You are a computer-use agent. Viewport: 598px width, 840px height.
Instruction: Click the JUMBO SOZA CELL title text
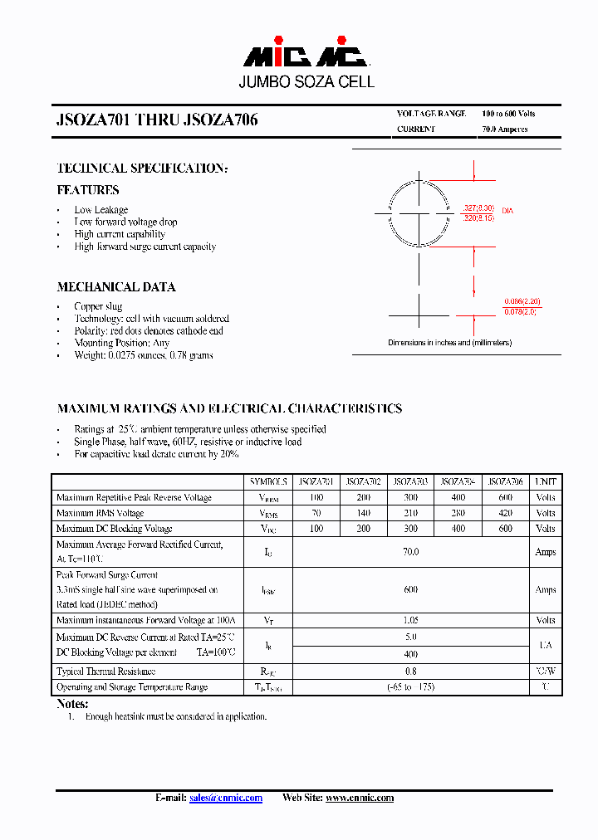point(306,82)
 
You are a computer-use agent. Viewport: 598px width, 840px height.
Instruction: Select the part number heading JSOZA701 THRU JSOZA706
point(157,120)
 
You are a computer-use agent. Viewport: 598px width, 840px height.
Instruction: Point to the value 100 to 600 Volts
point(508,114)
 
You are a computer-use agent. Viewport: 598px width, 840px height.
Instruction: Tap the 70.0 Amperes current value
point(504,129)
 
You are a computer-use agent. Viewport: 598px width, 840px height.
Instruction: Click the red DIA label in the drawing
point(507,212)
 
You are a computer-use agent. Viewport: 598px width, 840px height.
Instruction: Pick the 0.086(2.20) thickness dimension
point(522,302)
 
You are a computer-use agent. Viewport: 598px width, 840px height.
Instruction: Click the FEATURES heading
point(88,190)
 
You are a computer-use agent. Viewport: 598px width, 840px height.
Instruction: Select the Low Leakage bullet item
point(100,210)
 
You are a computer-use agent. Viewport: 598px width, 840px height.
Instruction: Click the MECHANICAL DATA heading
point(116,287)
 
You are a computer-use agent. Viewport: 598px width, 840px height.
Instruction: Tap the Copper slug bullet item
point(98,306)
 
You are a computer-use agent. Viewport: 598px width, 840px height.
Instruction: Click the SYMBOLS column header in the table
point(268,481)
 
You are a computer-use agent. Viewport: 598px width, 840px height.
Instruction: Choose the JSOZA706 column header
point(506,481)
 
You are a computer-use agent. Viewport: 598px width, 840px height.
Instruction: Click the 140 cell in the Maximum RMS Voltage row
point(363,513)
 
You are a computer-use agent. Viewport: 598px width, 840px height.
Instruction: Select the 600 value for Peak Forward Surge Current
point(411,589)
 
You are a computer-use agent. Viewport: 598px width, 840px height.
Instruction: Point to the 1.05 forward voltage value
point(411,620)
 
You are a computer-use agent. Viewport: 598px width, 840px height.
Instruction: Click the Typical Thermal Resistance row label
point(105,671)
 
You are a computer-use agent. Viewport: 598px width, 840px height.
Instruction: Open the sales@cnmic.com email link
point(225,798)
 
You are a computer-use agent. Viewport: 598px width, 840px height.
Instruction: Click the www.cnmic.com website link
point(359,798)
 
